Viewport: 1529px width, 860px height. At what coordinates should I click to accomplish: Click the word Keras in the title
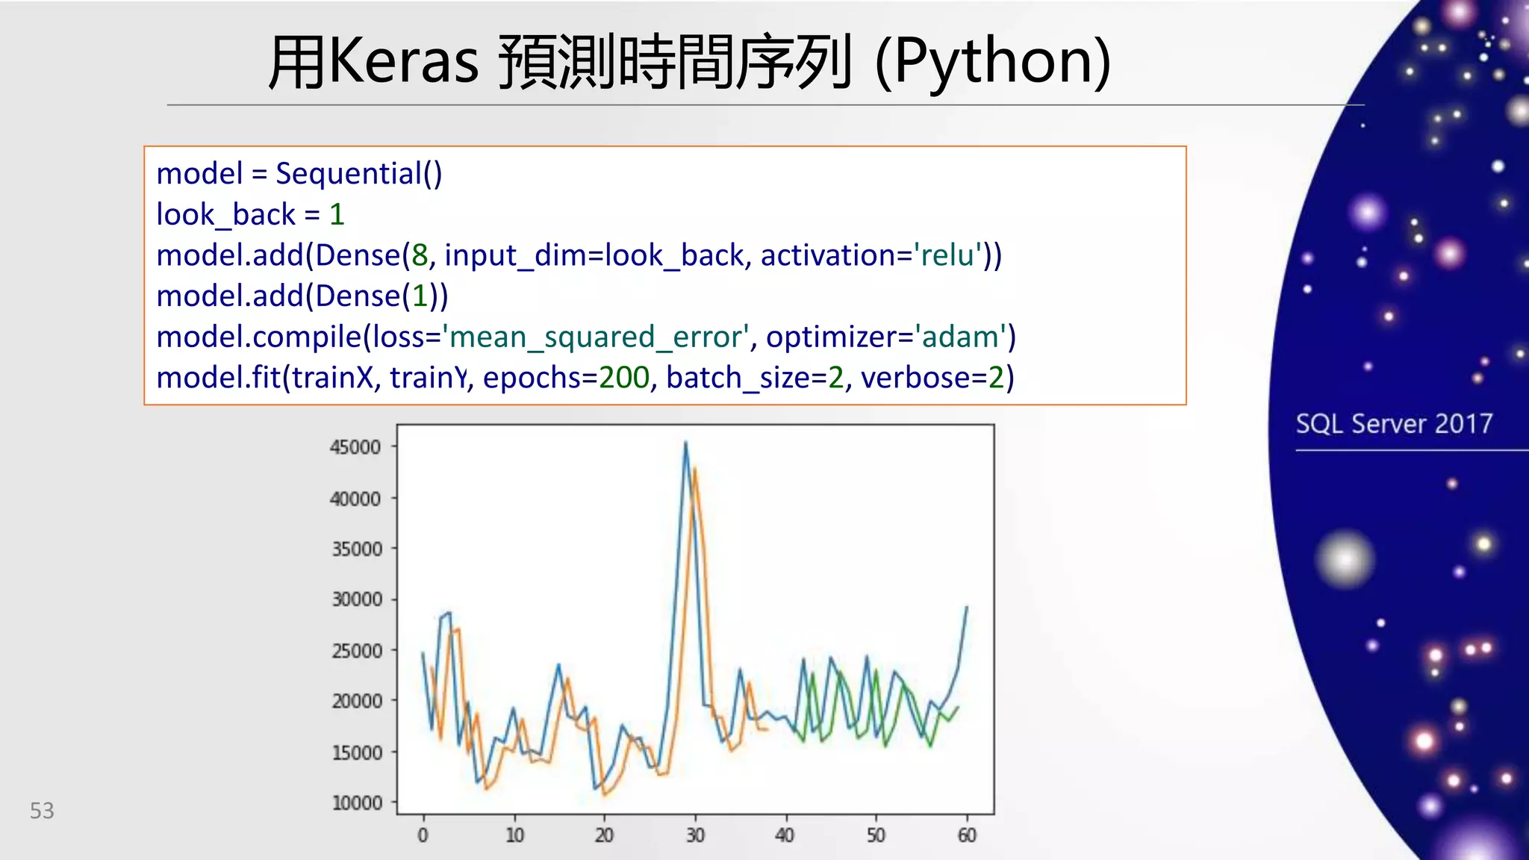point(403,61)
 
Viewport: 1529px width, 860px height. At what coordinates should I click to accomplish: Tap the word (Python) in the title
point(992,61)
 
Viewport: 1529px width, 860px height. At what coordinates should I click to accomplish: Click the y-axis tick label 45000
point(355,447)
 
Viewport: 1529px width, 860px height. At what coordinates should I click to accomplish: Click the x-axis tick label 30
point(695,835)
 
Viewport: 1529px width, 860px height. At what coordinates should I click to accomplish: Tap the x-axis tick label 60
point(967,835)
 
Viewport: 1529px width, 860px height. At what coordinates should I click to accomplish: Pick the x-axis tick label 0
point(423,835)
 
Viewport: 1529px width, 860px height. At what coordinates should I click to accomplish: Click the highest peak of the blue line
point(685,443)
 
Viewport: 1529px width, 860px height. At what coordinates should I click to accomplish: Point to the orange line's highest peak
point(694,469)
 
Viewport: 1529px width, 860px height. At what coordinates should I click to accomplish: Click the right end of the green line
point(958,707)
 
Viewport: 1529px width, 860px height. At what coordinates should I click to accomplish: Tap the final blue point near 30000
point(967,607)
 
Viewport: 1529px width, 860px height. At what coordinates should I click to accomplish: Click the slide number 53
point(42,811)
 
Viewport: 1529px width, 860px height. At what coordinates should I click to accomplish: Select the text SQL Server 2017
point(1393,424)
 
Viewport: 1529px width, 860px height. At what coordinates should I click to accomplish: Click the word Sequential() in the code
point(358,173)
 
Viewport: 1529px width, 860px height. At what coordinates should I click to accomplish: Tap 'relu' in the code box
point(947,255)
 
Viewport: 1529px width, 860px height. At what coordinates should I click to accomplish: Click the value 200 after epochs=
point(624,378)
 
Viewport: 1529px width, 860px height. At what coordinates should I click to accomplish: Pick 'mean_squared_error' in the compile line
point(597,337)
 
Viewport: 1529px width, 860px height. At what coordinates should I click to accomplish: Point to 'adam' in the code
point(960,337)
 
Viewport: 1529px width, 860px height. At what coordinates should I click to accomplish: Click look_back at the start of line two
point(225,215)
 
